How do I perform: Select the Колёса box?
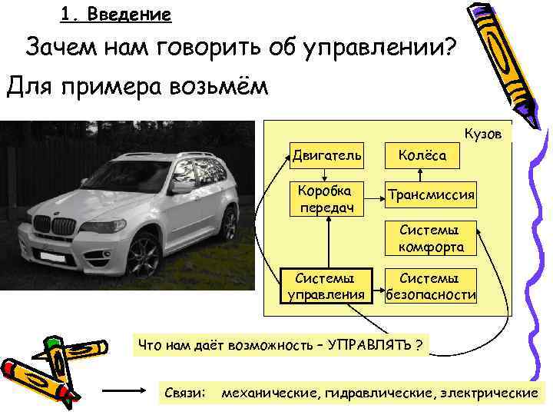pos(421,155)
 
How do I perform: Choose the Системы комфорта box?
pos(430,238)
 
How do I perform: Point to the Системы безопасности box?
pos(430,285)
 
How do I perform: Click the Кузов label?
pos(483,134)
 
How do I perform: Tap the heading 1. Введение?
pos(115,15)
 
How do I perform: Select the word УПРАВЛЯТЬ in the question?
pos(369,343)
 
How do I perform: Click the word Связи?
pos(185,393)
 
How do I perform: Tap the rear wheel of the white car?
pos(228,224)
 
